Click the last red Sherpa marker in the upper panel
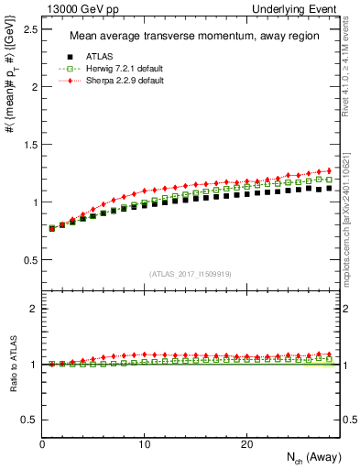click(x=329, y=170)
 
